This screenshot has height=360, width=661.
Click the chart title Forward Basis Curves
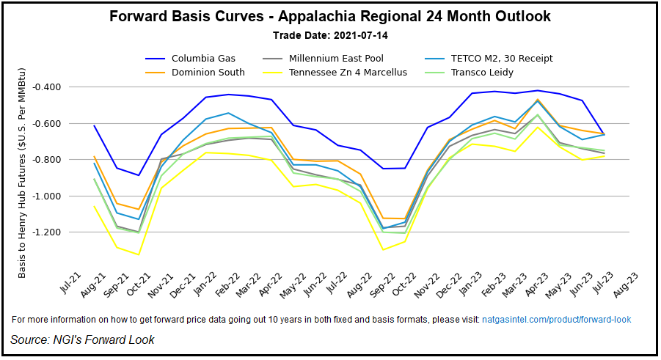(x=330, y=16)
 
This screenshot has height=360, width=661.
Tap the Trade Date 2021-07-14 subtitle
(x=330, y=35)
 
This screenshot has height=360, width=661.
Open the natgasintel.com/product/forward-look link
(x=555, y=320)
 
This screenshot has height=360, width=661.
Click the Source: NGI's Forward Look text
(x=82, y=339)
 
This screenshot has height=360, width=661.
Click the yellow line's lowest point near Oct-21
(x=139, y=254)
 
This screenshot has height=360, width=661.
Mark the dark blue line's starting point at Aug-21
(x=95, y=125)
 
